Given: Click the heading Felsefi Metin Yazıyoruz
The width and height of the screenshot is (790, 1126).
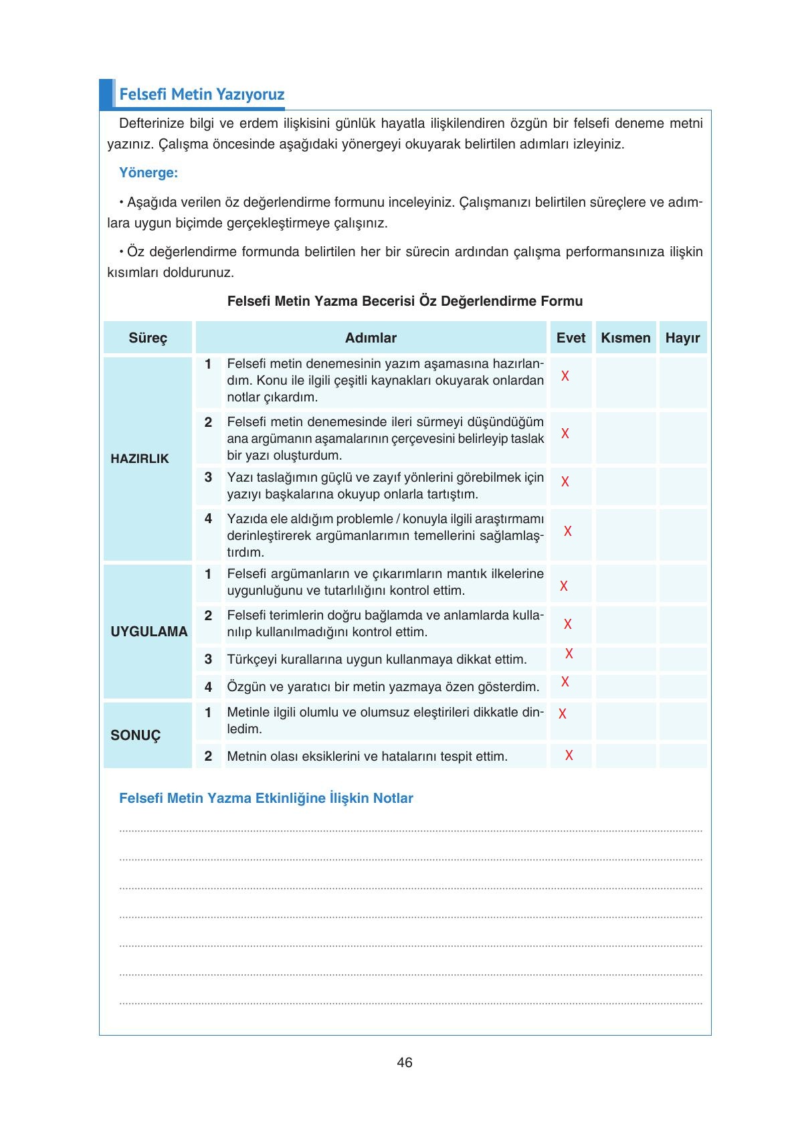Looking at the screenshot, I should [x=201, y=94].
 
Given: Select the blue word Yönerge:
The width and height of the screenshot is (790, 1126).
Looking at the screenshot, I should [x=148, y=173].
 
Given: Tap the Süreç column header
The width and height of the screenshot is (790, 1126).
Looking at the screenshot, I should [x=148, y=338].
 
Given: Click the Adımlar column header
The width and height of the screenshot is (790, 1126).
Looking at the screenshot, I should [x=371, y=338].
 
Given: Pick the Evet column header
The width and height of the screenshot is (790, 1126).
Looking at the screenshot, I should [x=571, y=338].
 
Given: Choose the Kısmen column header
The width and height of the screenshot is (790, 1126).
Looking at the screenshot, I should [x=625, y=338].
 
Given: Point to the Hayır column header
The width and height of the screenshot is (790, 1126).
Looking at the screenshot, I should [x=682, y=338].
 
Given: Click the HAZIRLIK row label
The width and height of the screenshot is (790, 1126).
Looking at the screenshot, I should [x=140, y=459].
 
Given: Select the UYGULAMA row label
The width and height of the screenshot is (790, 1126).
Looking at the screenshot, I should [x=149, y=632].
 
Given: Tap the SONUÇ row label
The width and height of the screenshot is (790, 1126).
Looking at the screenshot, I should [x=136, y=735].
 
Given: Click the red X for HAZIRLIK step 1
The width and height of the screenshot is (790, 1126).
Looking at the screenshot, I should [x=565, y=376].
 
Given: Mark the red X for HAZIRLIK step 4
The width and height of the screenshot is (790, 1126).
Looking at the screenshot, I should [x=568, y=531].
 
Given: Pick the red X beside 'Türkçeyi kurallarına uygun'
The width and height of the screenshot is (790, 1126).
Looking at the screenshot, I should [x=569, y=654].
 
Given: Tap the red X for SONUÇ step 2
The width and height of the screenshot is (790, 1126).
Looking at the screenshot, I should [x=569, y=755].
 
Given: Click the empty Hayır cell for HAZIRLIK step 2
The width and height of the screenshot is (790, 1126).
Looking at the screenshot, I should [x=682, y=438].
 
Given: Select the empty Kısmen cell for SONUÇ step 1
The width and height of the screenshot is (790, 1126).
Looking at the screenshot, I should [x=625, y=721].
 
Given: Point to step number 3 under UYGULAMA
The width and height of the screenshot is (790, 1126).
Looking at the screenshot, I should [x=208, y=659].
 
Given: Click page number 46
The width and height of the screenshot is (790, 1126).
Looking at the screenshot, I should [x=405, y=1062].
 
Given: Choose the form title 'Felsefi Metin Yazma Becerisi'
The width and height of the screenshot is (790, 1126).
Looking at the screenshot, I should [x=405, y=301].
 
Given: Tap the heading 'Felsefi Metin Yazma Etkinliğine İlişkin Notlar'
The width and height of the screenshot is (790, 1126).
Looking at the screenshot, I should [x=266, y=798].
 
